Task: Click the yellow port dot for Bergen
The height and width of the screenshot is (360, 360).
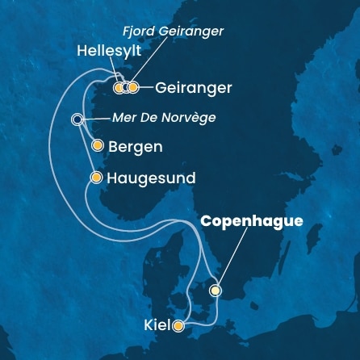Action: (x=98, y=147)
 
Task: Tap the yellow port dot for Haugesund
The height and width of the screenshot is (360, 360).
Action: (x=97, y=177)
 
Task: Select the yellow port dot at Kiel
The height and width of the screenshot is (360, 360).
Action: (x=178, y=326)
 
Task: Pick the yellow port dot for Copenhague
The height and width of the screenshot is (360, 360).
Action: (x=216, y=291)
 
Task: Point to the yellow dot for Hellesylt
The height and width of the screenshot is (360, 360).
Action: (x=119, y=87)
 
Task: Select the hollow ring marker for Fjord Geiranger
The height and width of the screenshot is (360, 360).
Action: (x=126, y=87)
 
